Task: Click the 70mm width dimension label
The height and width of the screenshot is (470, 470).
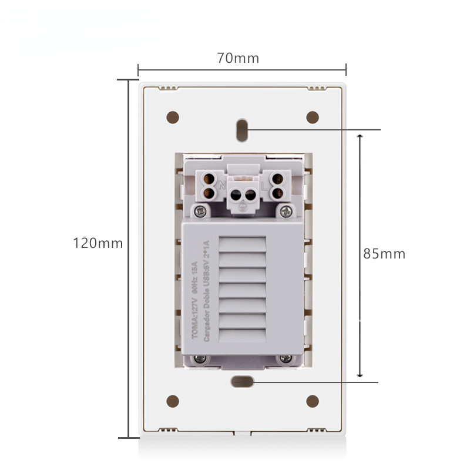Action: click(x=238, y=59)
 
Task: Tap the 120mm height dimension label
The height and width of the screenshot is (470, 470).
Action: click(x=98, y=243)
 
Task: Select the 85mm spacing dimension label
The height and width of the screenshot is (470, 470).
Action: click(x=384, y=254)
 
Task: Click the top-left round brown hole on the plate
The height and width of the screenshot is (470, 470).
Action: click(x=173, y=117)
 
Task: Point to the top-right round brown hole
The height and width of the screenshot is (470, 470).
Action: click(x=313, y=117)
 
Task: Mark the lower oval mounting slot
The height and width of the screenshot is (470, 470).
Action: click(x=242, y=381)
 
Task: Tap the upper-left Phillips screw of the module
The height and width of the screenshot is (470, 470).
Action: click(x=201, y=210)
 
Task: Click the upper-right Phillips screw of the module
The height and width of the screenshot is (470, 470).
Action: click(x=286, y=210)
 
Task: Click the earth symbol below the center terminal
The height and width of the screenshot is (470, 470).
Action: click(x=243, y=206)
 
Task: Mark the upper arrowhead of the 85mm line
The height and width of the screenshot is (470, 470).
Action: click(x=361, y=136)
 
